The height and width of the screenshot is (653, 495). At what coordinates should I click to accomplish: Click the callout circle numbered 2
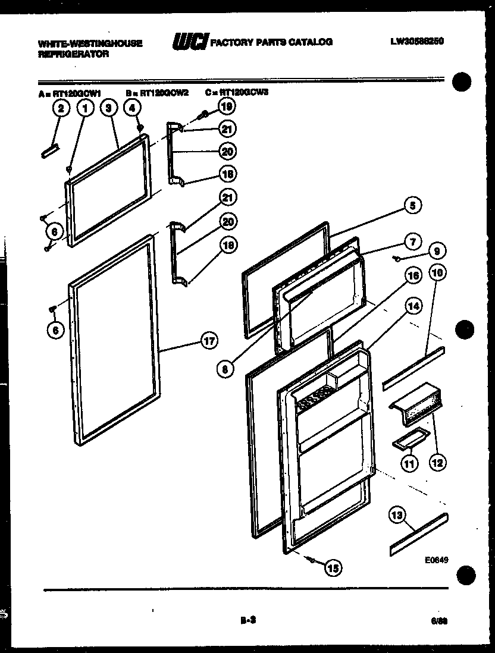(x=60, y=108)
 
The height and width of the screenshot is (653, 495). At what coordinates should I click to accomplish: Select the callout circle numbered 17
(x=208, y=341)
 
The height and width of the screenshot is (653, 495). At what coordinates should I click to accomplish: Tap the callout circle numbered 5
(x=412, y=205)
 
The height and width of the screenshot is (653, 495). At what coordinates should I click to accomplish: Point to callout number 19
(x=226, y=106)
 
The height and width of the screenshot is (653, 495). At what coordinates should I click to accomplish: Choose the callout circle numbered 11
(x=409, y=463)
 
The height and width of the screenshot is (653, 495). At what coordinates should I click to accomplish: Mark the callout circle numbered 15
(x=333, y=569)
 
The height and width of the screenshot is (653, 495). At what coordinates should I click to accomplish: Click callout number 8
(x=224, y=369)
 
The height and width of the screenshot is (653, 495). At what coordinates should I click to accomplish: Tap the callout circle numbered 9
(x=436, y=252)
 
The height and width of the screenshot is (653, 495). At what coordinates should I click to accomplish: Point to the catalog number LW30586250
(x=417, y=42)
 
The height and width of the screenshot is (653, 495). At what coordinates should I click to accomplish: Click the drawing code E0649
(x=436, y=560)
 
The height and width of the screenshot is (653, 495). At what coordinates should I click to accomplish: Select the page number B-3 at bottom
(x=248, y=620)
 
